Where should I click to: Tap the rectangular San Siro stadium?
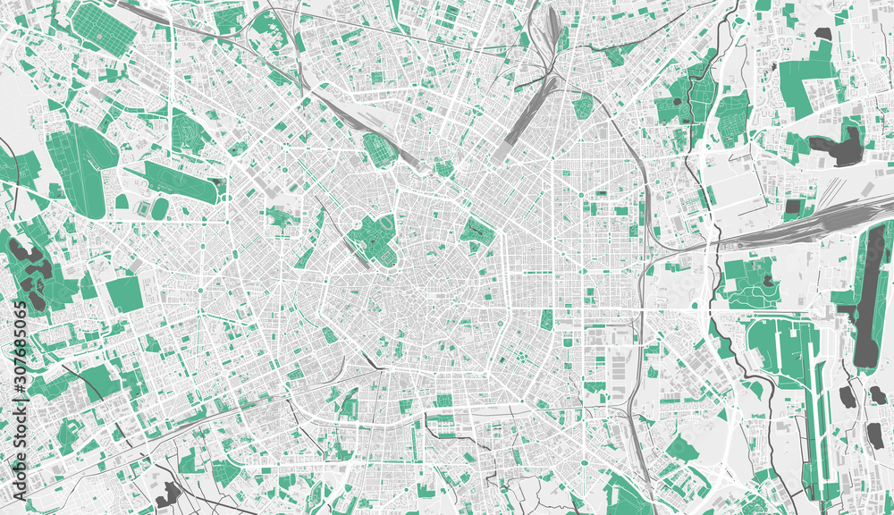142,207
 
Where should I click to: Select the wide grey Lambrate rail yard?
796,228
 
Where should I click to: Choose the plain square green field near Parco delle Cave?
124,294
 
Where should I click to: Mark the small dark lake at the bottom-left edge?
166,493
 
